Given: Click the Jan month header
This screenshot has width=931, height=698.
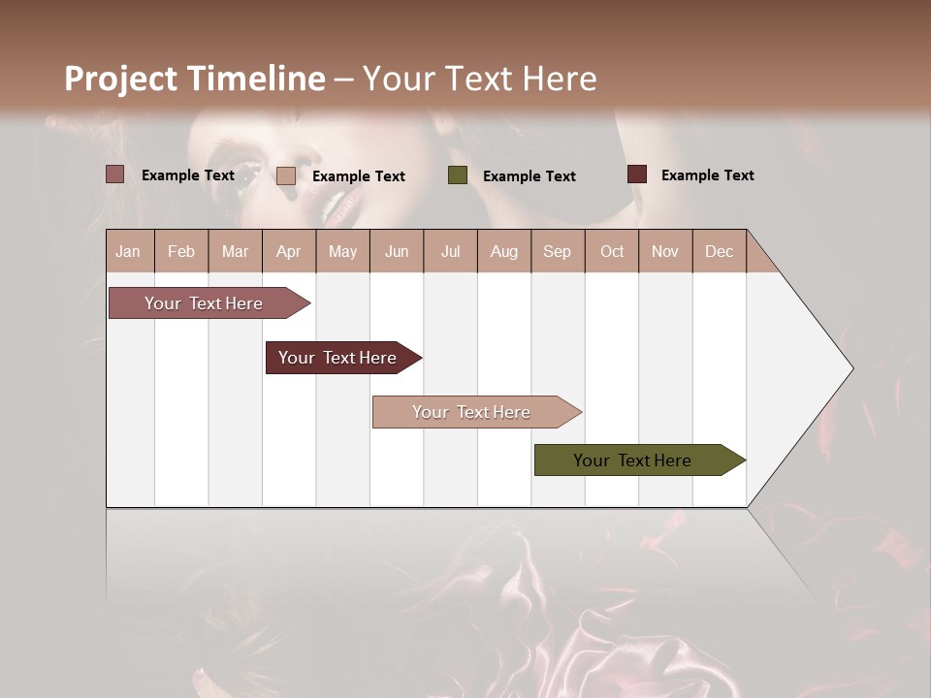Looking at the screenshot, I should (x=128, y=251).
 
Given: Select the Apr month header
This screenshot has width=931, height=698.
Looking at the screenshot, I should (x=288, y=251).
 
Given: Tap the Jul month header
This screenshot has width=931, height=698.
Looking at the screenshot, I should (x=450, y=251).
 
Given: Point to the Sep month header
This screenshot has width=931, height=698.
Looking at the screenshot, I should (x=557, y=251).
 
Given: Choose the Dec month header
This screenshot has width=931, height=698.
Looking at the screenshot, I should (x=719, y=251).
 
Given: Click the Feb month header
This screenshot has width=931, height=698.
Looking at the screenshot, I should (x=181, y=251).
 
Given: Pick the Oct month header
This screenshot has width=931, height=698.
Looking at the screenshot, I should (x=612, y=251).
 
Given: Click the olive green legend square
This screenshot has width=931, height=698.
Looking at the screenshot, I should (x=458, y=175).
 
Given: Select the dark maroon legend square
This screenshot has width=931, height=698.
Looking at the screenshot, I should (x=637, y=174).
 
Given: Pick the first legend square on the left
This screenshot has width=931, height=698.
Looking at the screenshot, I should (x=115, y=174).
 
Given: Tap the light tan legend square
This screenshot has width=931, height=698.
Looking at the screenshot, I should (x=286, y=175).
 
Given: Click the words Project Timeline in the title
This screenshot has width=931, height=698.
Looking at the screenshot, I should (x=194, y=79).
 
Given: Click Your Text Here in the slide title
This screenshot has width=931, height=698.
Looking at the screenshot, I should (x=479, y=79).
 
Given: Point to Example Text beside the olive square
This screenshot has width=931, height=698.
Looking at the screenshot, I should (x=529, y=175).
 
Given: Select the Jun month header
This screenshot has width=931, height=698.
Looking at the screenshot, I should (x=397, y=251).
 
